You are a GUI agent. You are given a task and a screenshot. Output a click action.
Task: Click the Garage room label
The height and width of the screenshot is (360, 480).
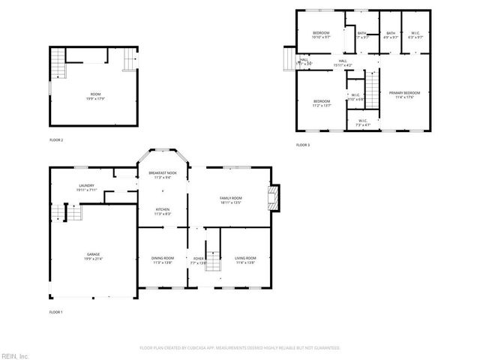pos(93,256)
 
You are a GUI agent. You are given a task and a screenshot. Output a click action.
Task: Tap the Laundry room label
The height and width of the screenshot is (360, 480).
pos(86,188)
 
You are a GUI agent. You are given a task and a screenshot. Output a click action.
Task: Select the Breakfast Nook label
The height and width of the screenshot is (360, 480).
pos(163,175)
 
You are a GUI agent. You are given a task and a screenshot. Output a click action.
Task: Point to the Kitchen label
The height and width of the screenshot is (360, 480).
pos(163,211)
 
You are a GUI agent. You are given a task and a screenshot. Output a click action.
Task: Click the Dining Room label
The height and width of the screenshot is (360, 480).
pos(163,261)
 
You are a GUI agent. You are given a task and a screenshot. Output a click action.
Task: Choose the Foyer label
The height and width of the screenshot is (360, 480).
pos(198,261)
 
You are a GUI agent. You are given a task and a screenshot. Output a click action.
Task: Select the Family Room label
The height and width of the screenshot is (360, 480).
pos(230,199)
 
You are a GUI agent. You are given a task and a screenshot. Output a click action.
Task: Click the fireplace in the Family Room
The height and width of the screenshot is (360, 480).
pos(274,199)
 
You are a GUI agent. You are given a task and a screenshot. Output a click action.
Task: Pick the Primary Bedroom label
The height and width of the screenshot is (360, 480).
pos(403,94)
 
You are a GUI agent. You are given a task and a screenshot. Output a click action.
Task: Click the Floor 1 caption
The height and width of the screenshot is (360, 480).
pos(56,311)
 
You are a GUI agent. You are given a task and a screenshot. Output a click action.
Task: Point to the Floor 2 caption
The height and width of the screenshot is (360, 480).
pos(56,140)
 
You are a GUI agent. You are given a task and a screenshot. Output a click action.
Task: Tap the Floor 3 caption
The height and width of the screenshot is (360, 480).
pos(302,144)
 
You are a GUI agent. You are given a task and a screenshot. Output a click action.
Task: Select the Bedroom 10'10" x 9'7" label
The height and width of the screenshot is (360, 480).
pos(321,35)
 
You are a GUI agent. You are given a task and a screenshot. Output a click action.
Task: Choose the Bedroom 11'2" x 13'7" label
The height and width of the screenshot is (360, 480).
pos(322,103)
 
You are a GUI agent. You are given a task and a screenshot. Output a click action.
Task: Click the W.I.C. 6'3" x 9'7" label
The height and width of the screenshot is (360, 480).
pos(415,35)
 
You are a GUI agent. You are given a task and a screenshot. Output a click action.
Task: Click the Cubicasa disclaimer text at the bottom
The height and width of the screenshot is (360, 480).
pos(240,348)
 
